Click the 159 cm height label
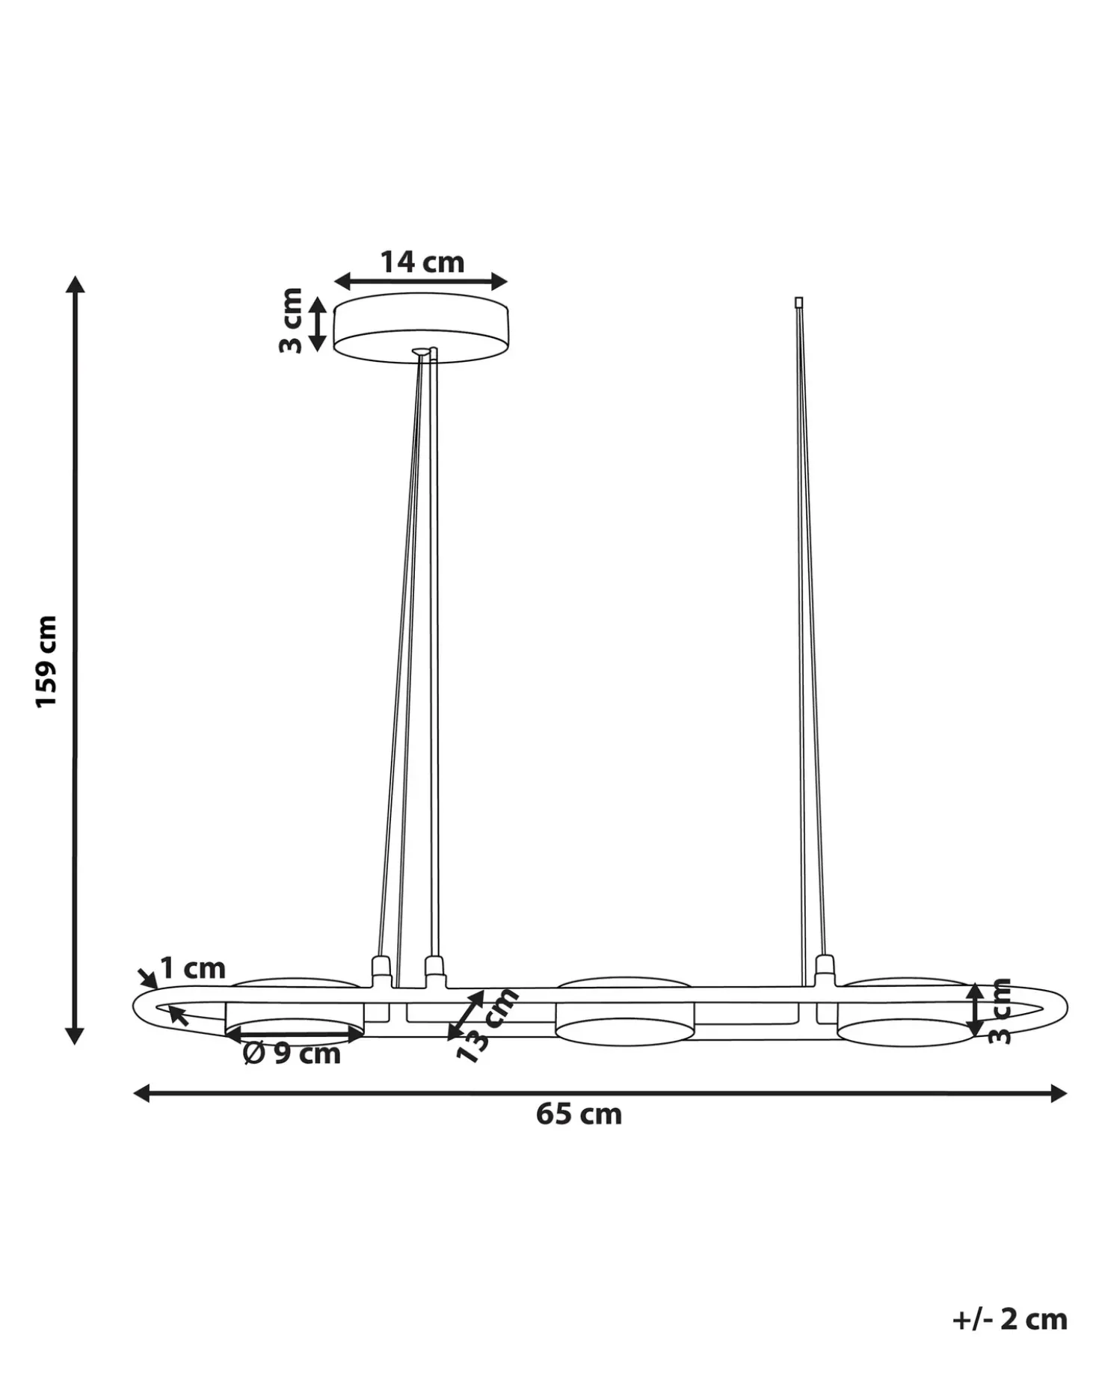(46, 662)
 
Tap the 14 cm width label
(422, 262)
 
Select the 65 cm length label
(579, 1115)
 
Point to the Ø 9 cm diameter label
(292, 1054)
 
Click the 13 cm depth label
(487, 1024)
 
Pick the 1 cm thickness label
(193, 969)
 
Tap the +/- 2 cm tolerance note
(1010, 1319)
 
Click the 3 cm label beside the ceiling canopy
(291, 321)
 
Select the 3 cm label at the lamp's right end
(1000, 1011)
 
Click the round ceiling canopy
(421, 327)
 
